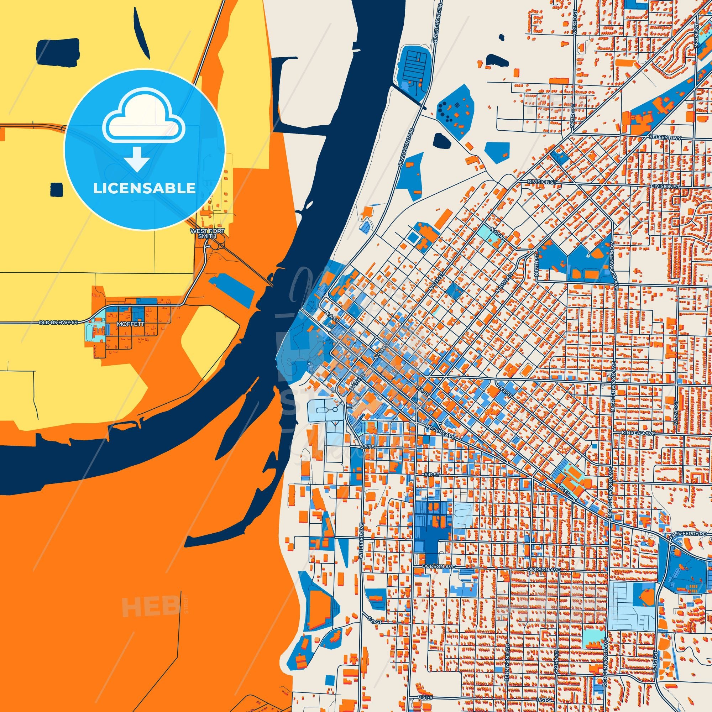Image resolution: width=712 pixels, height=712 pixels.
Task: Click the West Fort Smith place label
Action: click(209, 233)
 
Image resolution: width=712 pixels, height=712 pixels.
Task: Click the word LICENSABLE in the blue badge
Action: click(144, 188)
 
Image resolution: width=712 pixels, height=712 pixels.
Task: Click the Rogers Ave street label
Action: click(440, 430)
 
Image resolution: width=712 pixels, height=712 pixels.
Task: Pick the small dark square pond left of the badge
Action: click(56, 189)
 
